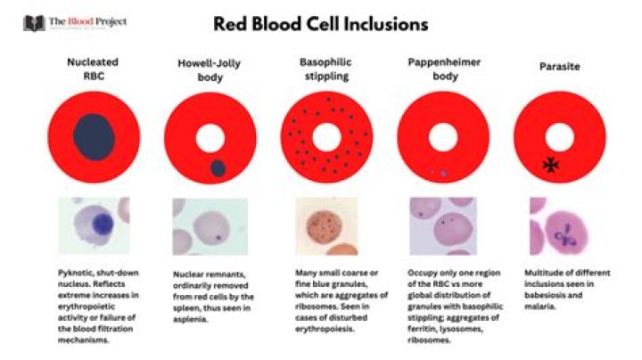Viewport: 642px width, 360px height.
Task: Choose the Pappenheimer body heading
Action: [x=439, y=70]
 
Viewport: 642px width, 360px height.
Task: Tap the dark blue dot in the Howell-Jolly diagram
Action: [x=217, y=167]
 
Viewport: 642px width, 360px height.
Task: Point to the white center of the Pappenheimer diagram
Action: [x=441, y=138]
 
